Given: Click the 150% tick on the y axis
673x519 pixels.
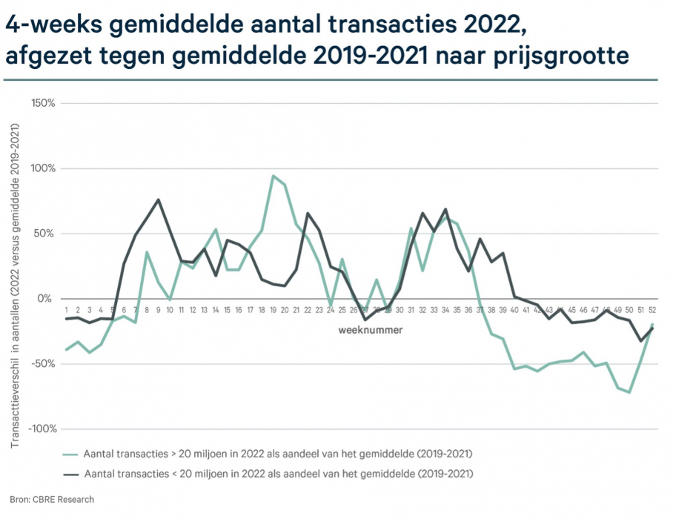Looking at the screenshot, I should click(43, 103).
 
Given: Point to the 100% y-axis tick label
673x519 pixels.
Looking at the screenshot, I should click(43, 168).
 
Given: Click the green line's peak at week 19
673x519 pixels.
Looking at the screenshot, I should click(273, 176).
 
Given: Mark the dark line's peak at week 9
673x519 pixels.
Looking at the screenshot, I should click(159, 199).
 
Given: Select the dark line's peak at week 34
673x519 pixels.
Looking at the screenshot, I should click(445, 209).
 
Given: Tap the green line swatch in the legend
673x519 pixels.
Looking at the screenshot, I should click(71, 453).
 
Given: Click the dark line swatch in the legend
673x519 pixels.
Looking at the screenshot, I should click(71, 472).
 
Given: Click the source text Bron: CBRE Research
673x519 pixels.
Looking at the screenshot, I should click(52, 500).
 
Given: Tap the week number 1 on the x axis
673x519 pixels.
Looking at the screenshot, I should click(67, 310).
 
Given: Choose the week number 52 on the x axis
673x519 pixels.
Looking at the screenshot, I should click(653, 310).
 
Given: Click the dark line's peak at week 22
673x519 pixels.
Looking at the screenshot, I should click(308, 213).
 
